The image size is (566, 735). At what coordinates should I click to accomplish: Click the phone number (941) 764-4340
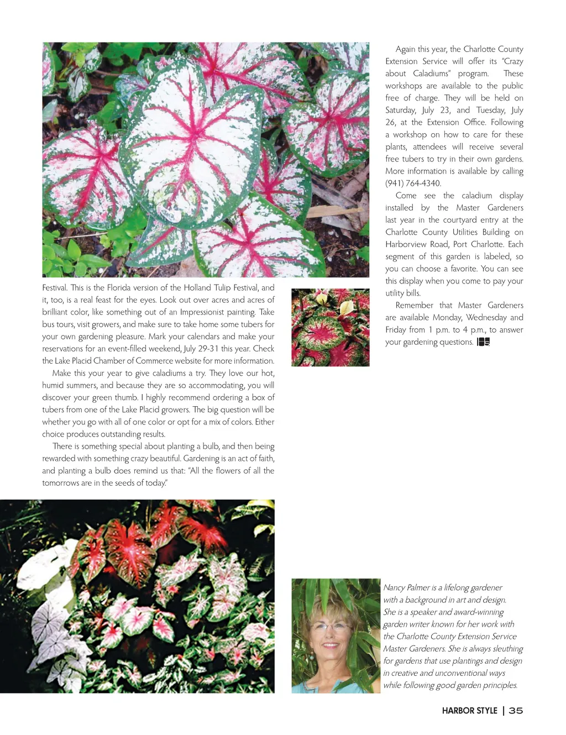point(413,183)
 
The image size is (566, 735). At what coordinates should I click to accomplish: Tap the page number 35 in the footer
point(516,711)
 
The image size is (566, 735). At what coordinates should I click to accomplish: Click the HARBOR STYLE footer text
point(469,711)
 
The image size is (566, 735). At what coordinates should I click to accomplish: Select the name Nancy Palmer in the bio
point(406,587)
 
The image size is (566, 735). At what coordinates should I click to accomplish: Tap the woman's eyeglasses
point(331,627)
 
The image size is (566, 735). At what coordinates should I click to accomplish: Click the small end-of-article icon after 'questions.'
point(483,342)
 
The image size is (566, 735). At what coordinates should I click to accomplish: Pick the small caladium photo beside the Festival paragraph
point(330,327)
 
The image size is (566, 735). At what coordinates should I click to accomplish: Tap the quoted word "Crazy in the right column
point(512,61)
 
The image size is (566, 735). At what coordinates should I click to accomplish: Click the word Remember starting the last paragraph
point(414,306)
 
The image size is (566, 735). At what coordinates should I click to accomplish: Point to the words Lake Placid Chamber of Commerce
point(118,361)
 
